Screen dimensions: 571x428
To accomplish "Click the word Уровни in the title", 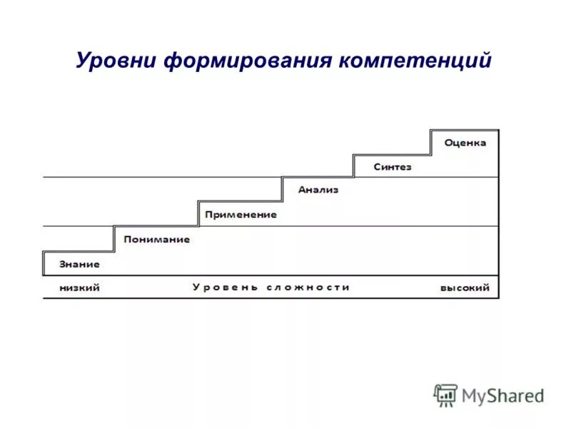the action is click(x=116, y=60).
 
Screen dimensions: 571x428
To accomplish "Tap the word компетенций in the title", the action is click(x=415, y=60).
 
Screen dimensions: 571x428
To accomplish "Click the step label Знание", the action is click(x=79, y=264).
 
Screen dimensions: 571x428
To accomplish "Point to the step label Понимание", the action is click(x=156, y=239).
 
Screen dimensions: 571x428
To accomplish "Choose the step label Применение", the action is click(x=240, y=214).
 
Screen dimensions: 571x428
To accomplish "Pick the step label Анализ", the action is click(x=318, y=190).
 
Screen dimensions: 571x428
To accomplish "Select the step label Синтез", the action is click(x=393, y=167).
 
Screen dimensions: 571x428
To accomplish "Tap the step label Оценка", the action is click(x=465, y=143).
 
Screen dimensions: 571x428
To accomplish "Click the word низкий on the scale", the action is click(x=79, y=287).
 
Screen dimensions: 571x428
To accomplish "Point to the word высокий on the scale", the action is click(x=465, y=287).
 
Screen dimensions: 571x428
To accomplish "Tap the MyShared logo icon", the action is click(x=445, y=394).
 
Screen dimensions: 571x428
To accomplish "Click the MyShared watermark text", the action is click(x=502, y=394).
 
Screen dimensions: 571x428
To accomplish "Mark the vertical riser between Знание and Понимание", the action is click(x=114, y=239).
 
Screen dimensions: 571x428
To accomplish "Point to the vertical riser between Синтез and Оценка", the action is click(x=430, y=143).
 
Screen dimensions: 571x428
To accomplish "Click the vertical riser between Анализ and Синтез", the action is click(x=354, y=166).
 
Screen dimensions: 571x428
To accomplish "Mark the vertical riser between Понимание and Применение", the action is click(x=198, y=214).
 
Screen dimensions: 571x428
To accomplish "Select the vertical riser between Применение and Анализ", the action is click(x=283, y=190).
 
